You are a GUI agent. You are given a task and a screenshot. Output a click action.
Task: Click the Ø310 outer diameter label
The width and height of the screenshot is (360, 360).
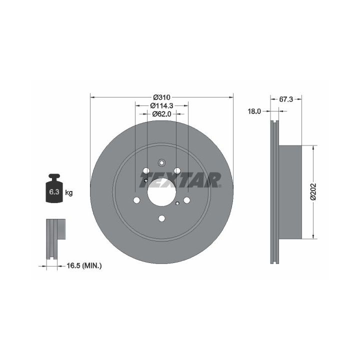[161, 97]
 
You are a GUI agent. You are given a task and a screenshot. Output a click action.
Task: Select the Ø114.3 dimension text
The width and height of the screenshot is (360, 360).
[161, 105]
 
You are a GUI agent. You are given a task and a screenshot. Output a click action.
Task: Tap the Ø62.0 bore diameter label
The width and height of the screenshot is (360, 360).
[161, 114]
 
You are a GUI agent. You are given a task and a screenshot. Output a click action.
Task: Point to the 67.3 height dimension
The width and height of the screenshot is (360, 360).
[286, 99]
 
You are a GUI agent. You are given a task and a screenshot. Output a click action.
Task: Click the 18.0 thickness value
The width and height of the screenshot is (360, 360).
[254, 111]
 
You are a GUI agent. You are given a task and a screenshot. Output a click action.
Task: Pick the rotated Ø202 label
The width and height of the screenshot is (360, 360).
[313, 191]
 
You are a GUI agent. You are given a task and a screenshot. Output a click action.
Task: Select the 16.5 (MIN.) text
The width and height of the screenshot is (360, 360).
[84, 266]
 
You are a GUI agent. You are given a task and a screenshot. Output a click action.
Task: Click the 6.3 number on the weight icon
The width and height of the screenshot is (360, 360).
[54, 191]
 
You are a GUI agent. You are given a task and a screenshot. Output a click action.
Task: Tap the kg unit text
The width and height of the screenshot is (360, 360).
[68, 192]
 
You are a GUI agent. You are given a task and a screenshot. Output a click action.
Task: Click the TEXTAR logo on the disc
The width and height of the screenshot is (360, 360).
[180, 180]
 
